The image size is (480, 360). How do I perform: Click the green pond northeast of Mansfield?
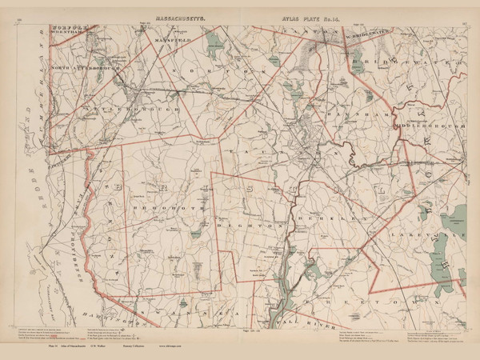tap(213, 39)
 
